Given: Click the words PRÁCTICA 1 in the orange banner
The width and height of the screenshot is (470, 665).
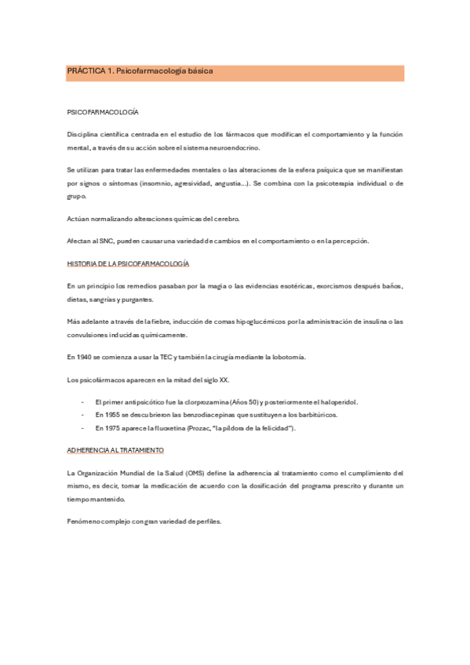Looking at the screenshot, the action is (89, 71).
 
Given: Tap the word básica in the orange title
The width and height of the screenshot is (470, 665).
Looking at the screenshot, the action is (196, 71).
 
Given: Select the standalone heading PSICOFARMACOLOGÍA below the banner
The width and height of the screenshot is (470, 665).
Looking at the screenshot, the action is (103, 113).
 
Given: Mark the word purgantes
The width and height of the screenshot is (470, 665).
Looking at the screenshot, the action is (136, 300).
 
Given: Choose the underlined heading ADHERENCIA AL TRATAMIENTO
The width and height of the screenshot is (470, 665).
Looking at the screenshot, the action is (116, 451).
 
